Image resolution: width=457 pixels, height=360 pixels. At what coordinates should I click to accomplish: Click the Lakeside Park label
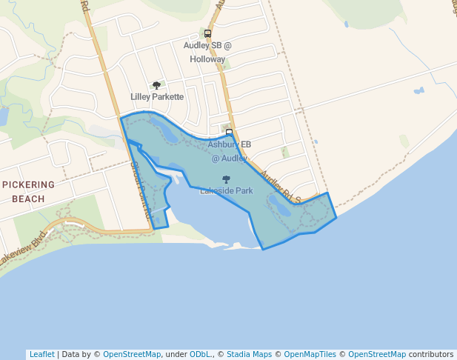click(227, 191)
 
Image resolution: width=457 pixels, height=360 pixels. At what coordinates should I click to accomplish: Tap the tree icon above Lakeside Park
click(227, 179)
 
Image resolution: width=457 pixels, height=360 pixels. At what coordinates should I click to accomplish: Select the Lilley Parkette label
click(157, 97)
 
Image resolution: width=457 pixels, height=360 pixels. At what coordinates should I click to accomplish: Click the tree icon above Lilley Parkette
click(156, 86)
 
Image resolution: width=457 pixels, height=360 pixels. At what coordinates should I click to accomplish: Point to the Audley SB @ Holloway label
click(207, 52)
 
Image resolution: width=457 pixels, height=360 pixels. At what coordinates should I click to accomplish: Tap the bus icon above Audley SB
click(207, 34)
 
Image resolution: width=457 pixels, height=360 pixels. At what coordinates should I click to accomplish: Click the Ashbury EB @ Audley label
click(230, 151)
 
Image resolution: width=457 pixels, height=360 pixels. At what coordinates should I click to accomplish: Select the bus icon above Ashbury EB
click(229, 133)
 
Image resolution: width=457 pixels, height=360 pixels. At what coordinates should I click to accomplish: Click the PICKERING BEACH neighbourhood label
click(29, 191)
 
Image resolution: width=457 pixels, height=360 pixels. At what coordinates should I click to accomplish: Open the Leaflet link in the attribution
click(41, 355)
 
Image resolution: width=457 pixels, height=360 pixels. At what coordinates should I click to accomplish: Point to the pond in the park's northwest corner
click(167, 134)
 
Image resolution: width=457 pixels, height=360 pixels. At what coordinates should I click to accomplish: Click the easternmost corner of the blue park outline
click(336, 217)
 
